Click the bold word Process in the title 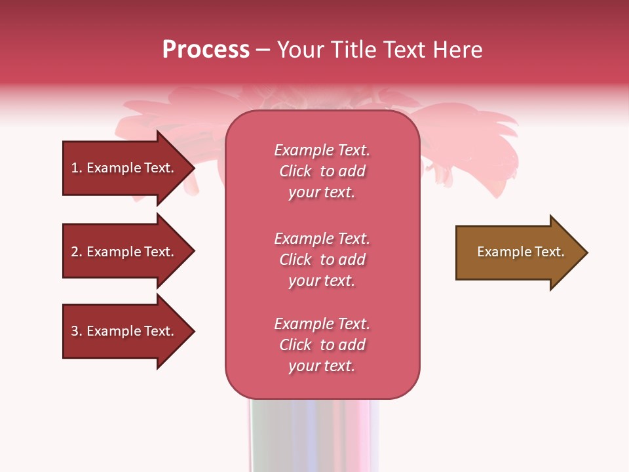pyautogui.click(x=206, y=50)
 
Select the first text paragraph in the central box pyautogui.click(x=322, y=171)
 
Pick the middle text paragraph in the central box pyautogui.click(x=322, y=260)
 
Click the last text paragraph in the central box pyautogui.click(x=322, y=345)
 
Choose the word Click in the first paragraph pyautogui.click(x=295, y=171)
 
